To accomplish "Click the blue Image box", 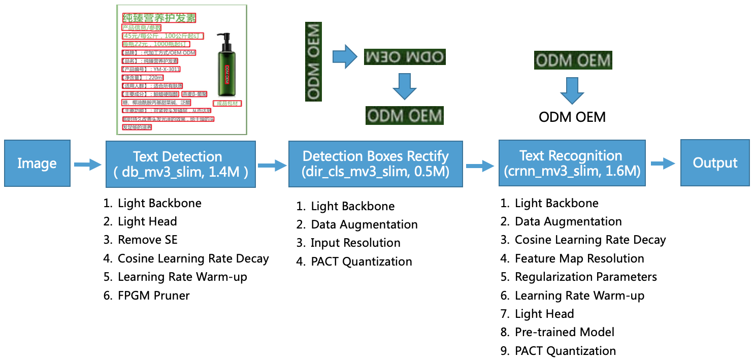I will click(x=37, y=163).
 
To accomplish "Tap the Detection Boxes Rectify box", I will click(x=375, y=163).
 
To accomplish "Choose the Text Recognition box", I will click(x=571, y=163).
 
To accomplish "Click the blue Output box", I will click(x=715, y=163).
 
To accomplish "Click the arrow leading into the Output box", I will click(x=663, y=163).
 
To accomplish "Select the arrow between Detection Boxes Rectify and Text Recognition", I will click(x=480, y=165).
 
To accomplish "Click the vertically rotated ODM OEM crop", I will click(x=314, y=61).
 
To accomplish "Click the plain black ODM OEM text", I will click(x=572, y=117).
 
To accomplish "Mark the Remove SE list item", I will click(x=147, y=240).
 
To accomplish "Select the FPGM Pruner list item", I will click(x=153, y=296).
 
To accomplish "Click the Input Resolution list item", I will click(x=355, y=243).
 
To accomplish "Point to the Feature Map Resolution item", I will click(x=579, y=258).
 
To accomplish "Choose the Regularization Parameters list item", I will click(x=585, y=277).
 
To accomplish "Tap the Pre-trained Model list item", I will click(x=564, y=333).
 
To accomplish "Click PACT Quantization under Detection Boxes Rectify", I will click(x=361, y=262).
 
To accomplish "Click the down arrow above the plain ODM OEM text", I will click(x=572, y=90).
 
